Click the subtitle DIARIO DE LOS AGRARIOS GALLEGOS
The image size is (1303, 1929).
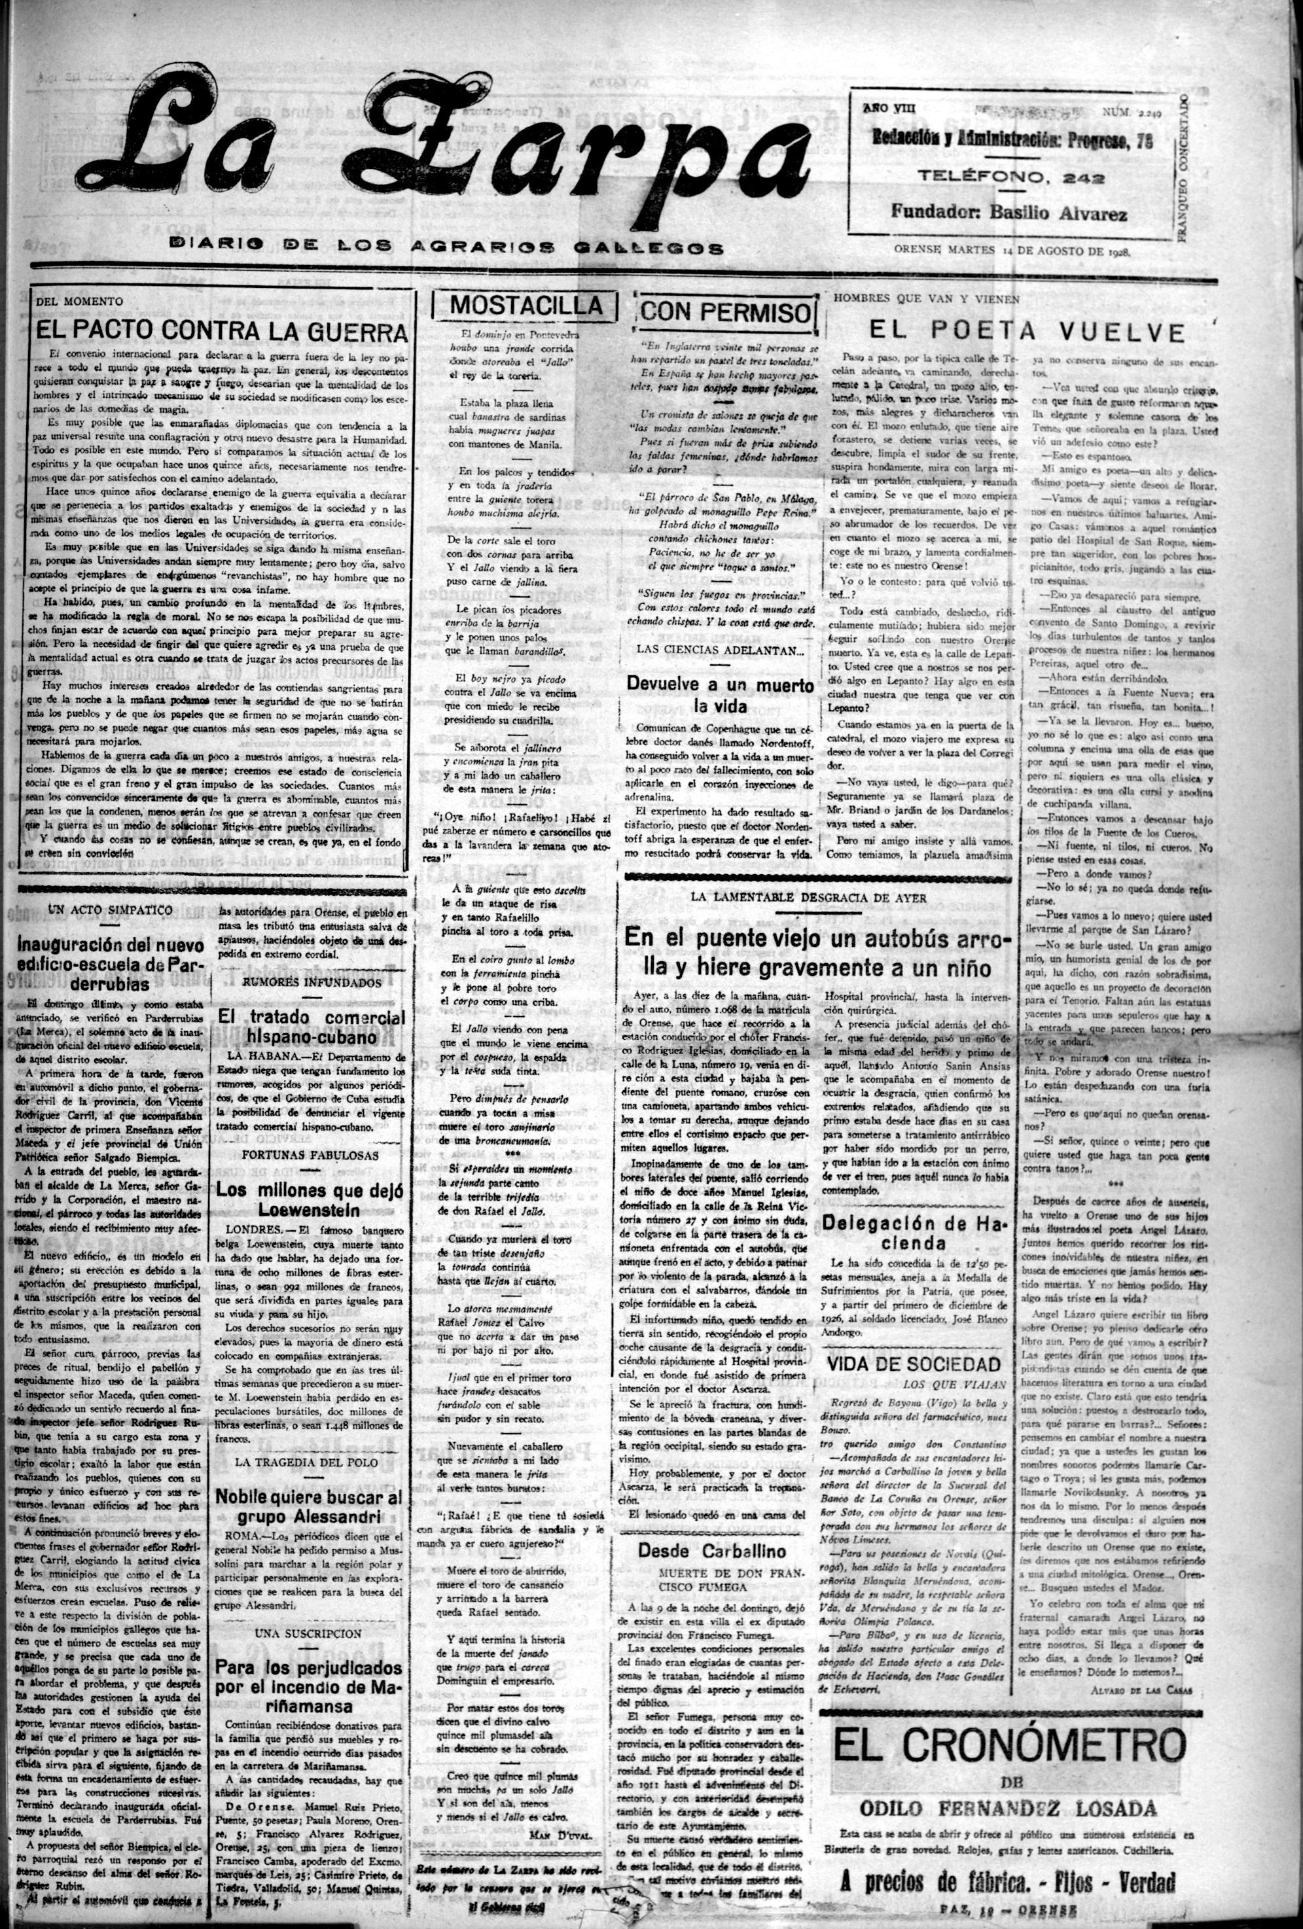[446, 247]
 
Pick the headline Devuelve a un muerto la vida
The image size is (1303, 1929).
[719, 696]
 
